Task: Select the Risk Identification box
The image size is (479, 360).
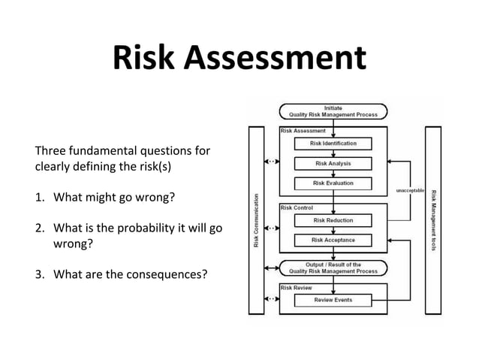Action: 333,143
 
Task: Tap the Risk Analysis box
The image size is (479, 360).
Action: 333,163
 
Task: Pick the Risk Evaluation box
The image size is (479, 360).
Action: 333,183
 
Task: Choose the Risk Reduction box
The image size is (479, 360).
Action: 333,220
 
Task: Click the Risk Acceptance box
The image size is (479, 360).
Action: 333,240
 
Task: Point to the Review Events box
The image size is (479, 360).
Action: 333,300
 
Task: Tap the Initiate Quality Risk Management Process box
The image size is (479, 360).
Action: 333,111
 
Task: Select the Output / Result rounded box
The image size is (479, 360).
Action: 333,268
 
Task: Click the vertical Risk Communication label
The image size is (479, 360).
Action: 256,221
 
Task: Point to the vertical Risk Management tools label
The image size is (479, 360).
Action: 433,221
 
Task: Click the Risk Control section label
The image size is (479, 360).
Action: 297,207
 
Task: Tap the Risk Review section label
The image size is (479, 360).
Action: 297,287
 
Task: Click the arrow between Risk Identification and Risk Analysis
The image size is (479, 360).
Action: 333,153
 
